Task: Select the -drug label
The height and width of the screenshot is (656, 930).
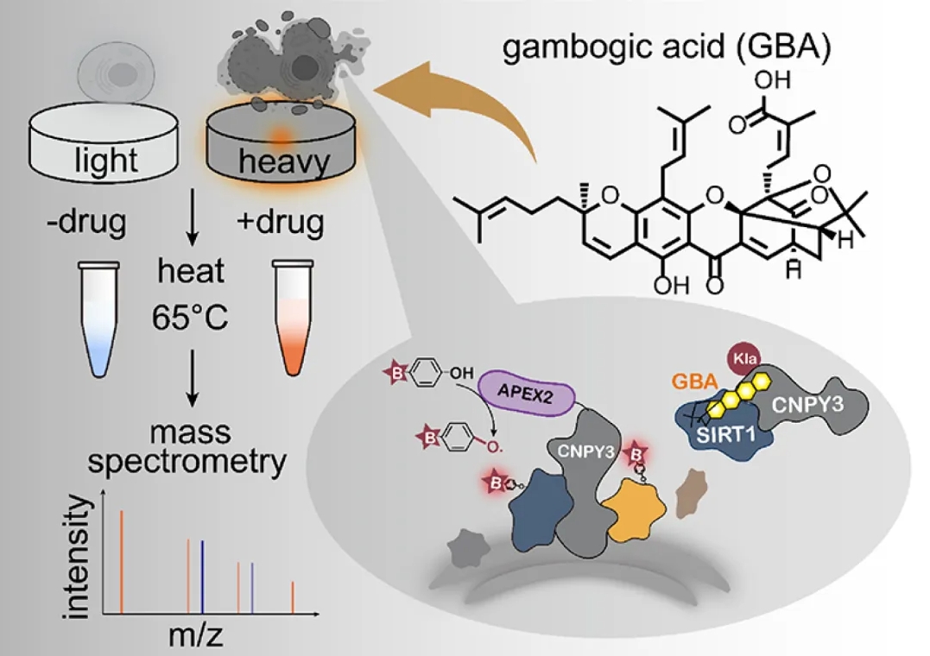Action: click(84, 223)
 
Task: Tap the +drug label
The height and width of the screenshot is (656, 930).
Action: click(281, 223)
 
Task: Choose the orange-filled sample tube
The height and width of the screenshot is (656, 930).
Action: click(294, 320)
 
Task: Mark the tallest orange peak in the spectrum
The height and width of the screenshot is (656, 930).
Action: click(122, 561)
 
